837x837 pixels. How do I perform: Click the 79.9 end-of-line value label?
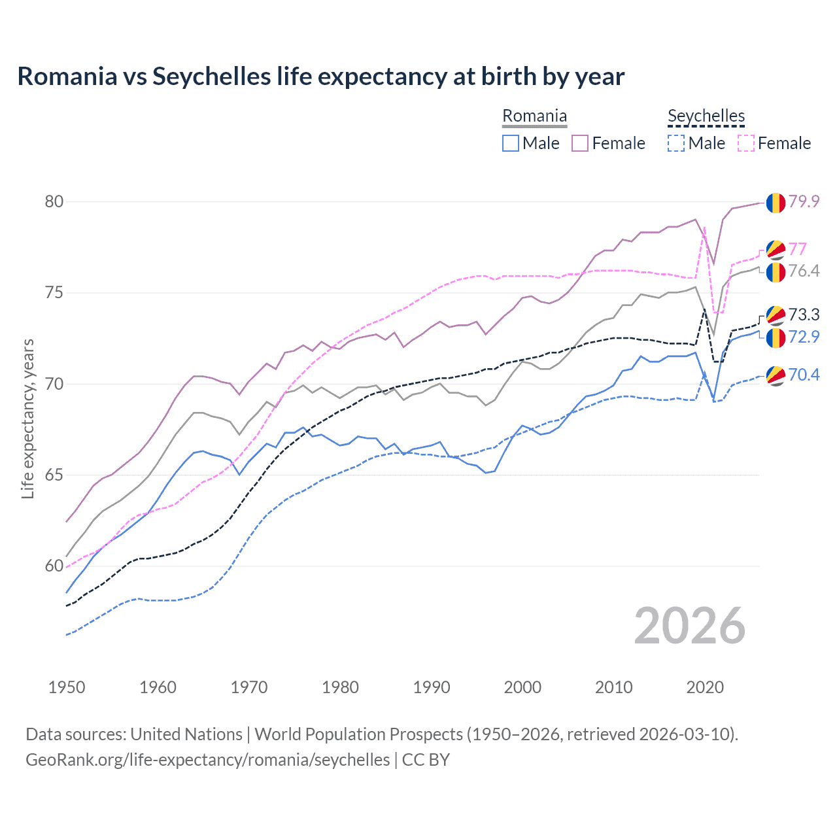pos(804,201)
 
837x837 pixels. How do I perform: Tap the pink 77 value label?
pos(797,249)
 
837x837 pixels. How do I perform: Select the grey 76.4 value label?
pos(804,271)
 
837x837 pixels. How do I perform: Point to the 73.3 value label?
pos(804,315)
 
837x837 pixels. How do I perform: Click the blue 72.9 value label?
pos(804,337)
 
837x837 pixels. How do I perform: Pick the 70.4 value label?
pos(804,375)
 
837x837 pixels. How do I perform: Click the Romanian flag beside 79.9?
pos(776,203)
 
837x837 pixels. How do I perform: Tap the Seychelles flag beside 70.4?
pos(776,375)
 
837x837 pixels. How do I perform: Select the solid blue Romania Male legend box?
pos(511,143)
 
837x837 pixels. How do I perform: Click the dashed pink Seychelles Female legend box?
pos(746,143)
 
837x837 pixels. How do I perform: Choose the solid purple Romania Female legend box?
pos(580,143)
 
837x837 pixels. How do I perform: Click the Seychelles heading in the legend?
pos(706,116)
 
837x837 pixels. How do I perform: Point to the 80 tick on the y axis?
pos(54,201)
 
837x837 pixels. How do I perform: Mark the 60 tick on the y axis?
pos(54,566)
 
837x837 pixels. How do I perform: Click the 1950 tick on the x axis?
pos(67,687)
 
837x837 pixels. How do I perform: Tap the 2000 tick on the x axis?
pos(522,687)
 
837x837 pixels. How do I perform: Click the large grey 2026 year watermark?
pos(690,626)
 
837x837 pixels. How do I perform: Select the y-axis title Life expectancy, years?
pos(28,418)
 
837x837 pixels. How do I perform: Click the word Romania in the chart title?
pos(67,77)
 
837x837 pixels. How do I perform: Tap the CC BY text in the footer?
pos(426,760)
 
